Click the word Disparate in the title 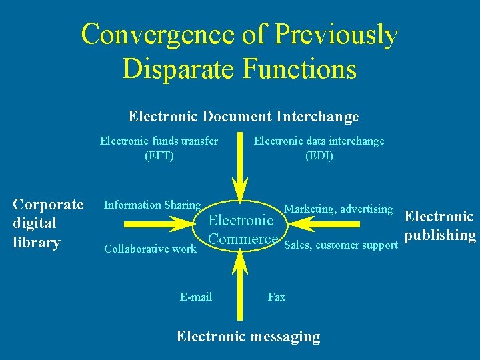click(174, 69)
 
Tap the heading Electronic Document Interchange click(243, 117)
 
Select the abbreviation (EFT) click(159, 156)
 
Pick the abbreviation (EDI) click(319, 156)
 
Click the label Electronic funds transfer click(159, 141)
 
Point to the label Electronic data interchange click(319, 141)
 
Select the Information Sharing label click(152, 205)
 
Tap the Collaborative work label click(150, 249)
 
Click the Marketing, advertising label click(338, 209)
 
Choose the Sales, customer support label click(341, 245)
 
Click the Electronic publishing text click(440, 226)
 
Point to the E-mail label click(196, 297)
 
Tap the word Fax click(276, 297)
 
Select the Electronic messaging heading click(248, 337)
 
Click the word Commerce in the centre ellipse click(243, 239)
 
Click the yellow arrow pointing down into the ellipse click(239, 170)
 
